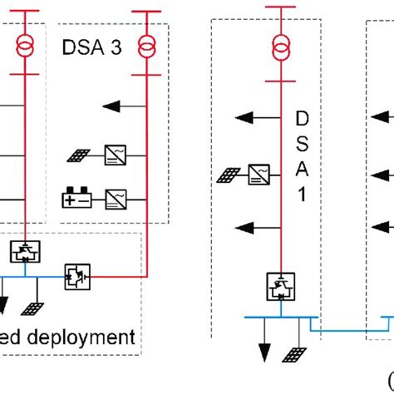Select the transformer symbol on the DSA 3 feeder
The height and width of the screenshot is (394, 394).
(x=147, y=47)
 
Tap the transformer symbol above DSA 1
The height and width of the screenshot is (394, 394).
(x=278, y=50)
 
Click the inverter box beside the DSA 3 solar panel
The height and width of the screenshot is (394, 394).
(x=116, y=153)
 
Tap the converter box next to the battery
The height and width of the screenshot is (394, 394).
(x=116, y=198)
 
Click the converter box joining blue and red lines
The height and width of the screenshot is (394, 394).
(x=76, y=276)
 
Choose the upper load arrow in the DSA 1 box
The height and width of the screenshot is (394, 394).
(x=254, y=119)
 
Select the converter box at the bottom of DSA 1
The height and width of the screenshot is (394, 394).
(x=278, y=286)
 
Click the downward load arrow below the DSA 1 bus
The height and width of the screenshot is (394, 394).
(x=265, y=349)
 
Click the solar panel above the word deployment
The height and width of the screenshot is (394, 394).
(x=32, y=308)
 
